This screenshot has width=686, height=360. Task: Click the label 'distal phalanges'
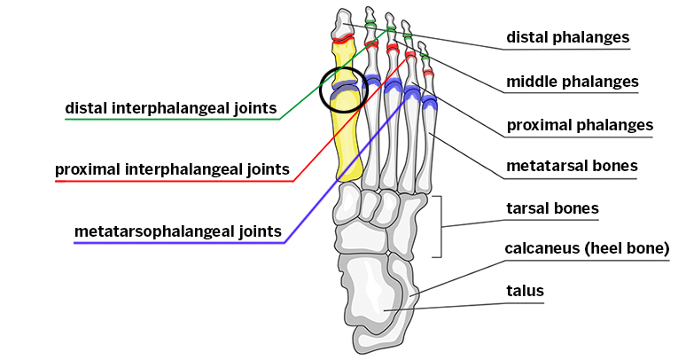tap(567, 37)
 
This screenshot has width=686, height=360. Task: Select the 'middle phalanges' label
tap(572, 82)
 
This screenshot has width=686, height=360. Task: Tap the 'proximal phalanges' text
tap(579, 125)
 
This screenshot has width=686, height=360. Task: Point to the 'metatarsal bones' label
tap(572, 166)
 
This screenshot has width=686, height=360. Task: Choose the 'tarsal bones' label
tap(551, 209)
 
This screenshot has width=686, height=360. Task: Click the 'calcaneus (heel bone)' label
tap(586, 248)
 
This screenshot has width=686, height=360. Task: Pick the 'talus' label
tap(525, 290)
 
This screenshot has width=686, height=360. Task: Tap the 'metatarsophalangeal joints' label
tap(178, 231)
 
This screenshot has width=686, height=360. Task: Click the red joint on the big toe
tap(341, 38)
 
